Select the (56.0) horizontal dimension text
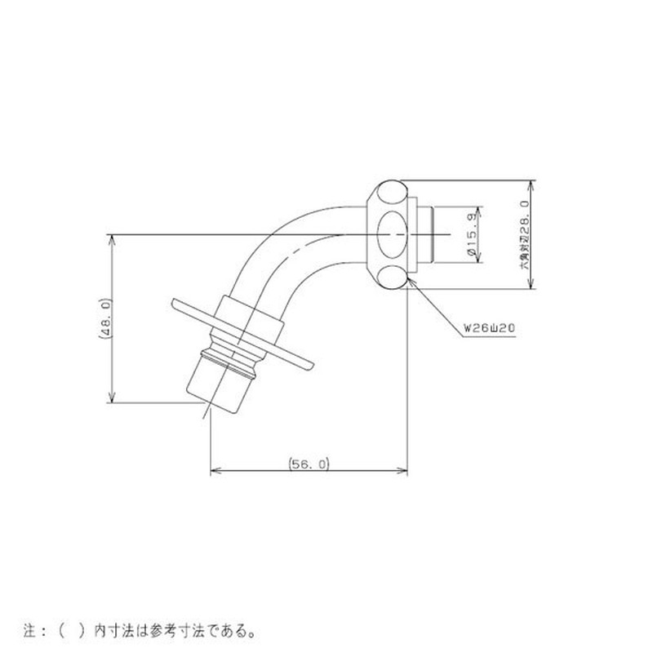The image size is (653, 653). tap(309, 463)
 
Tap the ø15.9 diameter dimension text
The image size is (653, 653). tap(472, 236)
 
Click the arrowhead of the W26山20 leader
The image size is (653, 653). tap(411, 280)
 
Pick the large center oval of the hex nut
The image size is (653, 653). tap(393, 234)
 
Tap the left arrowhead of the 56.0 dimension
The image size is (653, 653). tap(214, 470)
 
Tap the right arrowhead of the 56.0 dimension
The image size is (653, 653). tap(404, 470)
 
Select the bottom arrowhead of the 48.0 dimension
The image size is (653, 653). tap(110, 399)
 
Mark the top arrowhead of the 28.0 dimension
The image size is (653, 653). tap(531, 183)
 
